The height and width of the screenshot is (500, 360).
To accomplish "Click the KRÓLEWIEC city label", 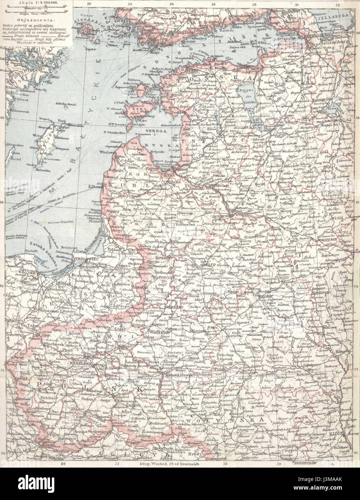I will pos(83,259).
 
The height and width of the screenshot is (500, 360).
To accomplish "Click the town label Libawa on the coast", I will pos(94,186).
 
